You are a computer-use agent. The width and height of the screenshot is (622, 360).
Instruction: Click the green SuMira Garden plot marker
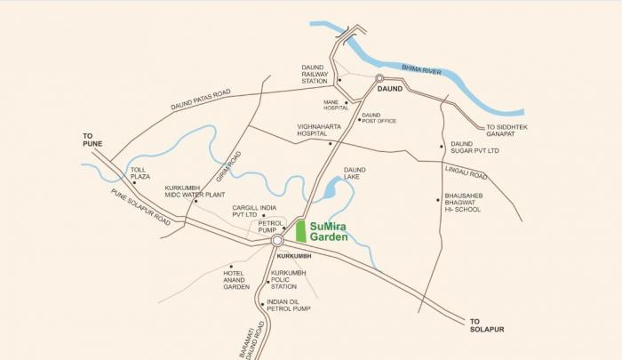pos(300,231)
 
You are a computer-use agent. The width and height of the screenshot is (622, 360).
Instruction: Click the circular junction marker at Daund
pos(379,78)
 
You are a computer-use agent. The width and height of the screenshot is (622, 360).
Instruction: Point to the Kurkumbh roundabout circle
pos(277,240)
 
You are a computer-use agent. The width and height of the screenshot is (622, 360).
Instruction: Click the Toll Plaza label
pos(140,174)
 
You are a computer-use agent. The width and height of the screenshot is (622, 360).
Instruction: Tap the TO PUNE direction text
pos(83,140)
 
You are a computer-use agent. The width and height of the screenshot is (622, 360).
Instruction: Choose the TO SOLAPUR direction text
pos(486,324)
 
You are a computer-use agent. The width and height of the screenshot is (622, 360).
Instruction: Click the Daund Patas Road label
pos(200,100)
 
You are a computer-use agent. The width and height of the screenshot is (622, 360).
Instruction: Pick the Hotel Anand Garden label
pos(237,280)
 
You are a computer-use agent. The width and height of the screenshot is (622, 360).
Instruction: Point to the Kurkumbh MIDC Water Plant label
pos(195,191)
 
